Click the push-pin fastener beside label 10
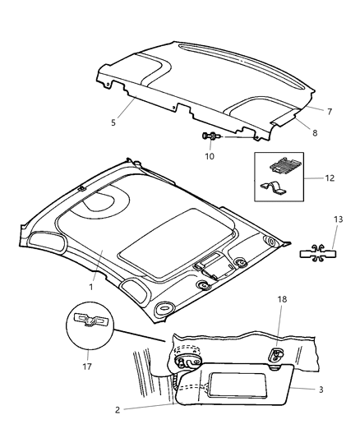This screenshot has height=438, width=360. pos(210,136)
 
